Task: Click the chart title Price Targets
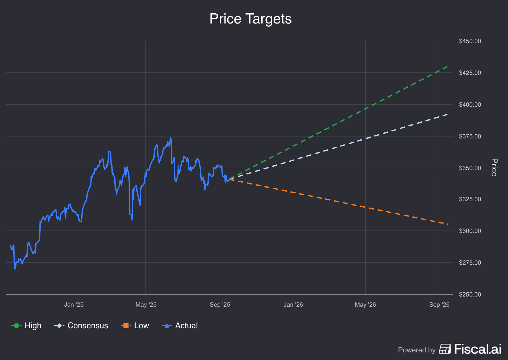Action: [251, 19]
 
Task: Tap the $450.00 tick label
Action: [470, 41]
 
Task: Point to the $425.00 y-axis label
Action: [470, 73]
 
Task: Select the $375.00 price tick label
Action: [470, 137]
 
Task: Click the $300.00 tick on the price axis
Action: [470, 231]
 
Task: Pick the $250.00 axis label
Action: [470, 295]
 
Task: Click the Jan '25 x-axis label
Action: [74, 305]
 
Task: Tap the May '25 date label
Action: [146, 305]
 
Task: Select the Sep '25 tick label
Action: [220, 305]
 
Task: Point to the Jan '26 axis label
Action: [293, 305]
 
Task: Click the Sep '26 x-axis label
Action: [439, 305]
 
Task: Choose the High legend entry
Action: [27, 326]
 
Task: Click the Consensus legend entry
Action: [81, 326]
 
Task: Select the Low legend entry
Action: [135, 326]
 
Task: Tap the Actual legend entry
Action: [180, 326]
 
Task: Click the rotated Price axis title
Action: [494, 167]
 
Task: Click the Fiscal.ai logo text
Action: [478, 349]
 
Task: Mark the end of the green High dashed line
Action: [448, 66]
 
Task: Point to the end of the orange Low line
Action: [448, 224]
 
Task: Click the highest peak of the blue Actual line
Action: [170, 138]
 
